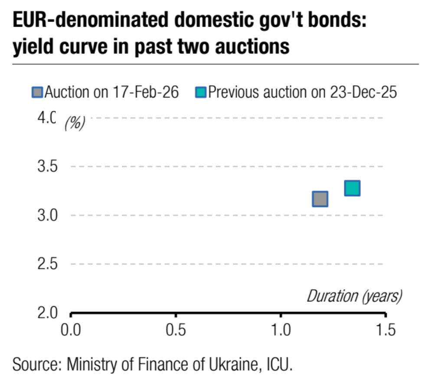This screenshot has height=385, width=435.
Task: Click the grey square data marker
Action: pos(320,199)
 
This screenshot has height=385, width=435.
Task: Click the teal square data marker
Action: pos(352,188)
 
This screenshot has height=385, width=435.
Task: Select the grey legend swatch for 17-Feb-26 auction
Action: pos(38,93)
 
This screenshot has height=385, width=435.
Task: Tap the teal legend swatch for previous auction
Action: pos(201,93)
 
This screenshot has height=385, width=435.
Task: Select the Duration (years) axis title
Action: pos(354,296)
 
